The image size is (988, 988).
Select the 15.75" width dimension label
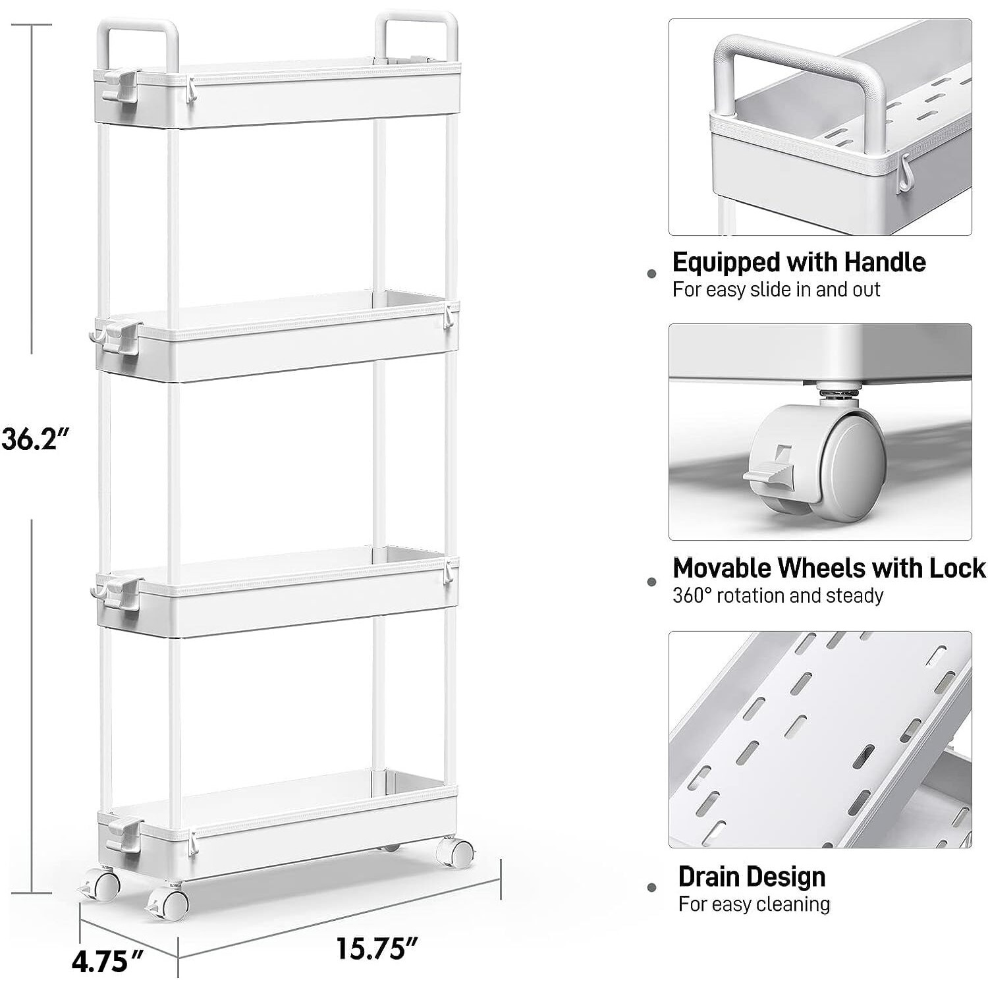point(377,949)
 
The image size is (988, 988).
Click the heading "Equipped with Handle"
point(798,262)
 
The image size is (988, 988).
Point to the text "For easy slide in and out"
point(776,290)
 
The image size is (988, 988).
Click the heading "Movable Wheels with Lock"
point(829,568)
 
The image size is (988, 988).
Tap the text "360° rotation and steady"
point(777,595)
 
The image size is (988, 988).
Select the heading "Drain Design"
point(752,877)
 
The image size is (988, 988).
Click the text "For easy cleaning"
point(754,904)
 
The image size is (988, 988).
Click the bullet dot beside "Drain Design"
point(652,888)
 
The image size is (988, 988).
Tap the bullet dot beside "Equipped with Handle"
point(652,273)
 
